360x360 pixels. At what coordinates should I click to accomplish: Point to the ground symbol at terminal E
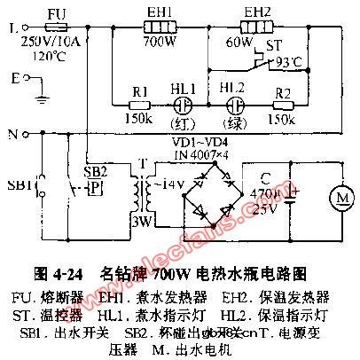click(41, 87)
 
